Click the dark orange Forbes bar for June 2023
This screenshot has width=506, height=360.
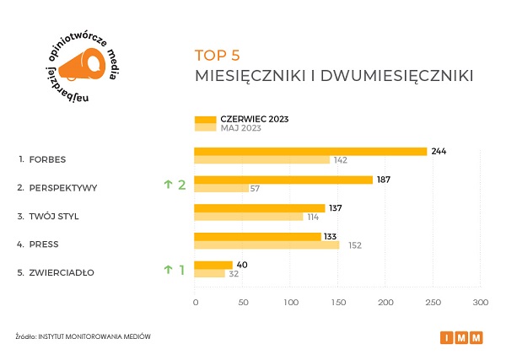310,152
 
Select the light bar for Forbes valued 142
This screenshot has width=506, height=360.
261,160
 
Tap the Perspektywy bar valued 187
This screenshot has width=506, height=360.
283,180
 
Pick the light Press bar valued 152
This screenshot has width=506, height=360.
266,245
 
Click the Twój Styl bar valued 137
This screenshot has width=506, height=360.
259,208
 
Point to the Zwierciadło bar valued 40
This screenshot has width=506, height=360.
213,265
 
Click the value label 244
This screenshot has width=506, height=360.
439,151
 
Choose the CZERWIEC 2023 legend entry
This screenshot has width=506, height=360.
254,119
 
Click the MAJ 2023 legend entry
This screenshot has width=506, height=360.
241,128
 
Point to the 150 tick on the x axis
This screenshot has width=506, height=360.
337,302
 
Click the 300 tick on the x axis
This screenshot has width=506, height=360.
480,302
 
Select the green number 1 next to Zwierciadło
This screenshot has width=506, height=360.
180,270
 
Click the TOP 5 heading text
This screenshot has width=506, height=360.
217,56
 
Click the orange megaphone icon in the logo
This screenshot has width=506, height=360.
84,64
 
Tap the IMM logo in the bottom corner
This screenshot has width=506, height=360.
461,338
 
